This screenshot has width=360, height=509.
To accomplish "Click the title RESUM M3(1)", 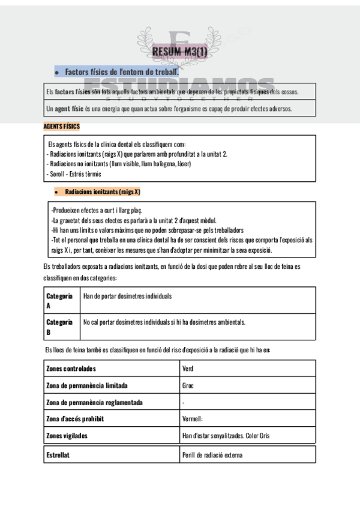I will coord(179,52).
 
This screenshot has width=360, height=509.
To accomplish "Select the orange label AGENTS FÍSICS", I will coord(61,127).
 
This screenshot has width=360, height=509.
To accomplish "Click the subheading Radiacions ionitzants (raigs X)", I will coord(102,192).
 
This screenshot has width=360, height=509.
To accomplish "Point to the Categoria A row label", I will coord(59,300).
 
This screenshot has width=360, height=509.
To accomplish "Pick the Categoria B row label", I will coord(59,327).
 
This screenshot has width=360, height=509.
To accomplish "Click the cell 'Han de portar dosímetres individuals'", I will coord(127,297).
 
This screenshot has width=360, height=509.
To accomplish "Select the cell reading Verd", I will coord(187,369).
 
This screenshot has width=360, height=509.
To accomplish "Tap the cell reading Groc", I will coord(187,385).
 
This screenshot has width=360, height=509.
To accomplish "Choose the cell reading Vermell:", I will coord(193,419).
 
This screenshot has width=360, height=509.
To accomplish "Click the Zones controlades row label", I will coord(71,369).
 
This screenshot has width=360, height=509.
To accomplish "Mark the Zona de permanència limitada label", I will coord(86,385).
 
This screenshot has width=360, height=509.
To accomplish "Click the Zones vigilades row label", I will coord(67,436).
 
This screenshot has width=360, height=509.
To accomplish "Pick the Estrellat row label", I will coord(58,455).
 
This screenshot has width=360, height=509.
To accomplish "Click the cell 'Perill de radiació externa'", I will coord(212,455).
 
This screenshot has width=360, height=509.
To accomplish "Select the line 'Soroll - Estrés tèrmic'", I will coord(74,174).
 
